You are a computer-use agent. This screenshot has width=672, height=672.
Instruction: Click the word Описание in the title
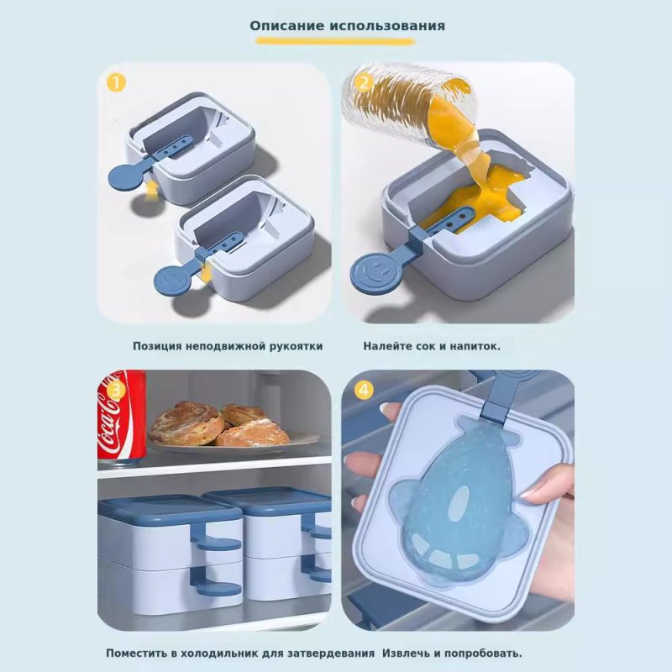(x=286, y=26)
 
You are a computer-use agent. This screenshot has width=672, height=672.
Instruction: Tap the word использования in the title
(x=387, y=26)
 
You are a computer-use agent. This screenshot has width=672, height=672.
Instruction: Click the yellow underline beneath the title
(x=335, y=41)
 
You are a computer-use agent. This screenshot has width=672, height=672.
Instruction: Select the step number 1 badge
(x=116, y=82)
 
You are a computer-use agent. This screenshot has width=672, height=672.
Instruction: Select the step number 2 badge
(x=364, y=82)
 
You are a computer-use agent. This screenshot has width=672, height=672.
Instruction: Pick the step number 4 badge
(x=364, y=391)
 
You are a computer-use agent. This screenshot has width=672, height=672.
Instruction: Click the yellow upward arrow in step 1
(x=150, y=191)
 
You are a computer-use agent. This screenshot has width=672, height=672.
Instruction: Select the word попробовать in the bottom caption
(x=481, y=654)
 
